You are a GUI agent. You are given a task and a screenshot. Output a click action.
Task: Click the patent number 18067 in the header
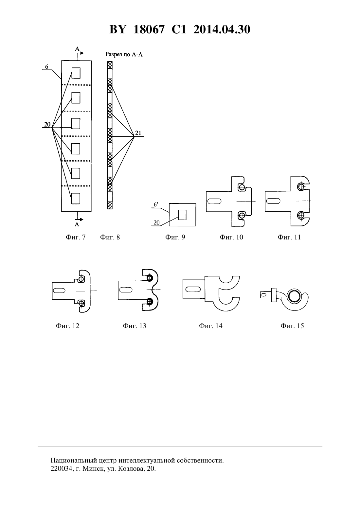pos(149,29)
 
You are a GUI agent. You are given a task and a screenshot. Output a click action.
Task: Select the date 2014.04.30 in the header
pos(222,29)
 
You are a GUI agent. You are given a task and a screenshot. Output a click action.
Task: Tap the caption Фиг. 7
pos(76,237)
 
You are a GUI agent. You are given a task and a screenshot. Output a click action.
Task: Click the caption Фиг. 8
pos(110,237)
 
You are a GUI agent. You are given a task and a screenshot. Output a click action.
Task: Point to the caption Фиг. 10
pos(231,237)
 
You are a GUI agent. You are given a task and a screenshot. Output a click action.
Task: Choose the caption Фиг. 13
pos(134,326)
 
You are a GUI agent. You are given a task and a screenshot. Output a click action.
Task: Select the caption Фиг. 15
pos(292,326)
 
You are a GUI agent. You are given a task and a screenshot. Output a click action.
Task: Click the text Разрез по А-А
pos(124,55)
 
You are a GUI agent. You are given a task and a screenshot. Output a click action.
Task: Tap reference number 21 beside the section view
pos(138,133)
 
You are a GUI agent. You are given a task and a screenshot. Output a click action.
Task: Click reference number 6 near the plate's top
pos(46,67)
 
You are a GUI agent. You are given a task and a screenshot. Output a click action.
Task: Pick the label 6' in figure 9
pos(156,204)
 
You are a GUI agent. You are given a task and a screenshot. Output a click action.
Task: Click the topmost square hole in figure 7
pos(76,73)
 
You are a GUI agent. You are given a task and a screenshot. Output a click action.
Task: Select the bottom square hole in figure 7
pos(76,198)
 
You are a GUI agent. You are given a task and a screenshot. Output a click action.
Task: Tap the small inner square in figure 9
pos(182,215)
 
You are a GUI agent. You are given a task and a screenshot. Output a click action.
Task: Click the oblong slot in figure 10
pos(215,201)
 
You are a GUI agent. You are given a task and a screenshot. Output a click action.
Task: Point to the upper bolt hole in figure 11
pos(301,187)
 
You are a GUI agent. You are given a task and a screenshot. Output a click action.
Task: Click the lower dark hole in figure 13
pos(149,302)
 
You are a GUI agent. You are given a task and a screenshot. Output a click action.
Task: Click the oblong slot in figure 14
pos(193,289)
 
